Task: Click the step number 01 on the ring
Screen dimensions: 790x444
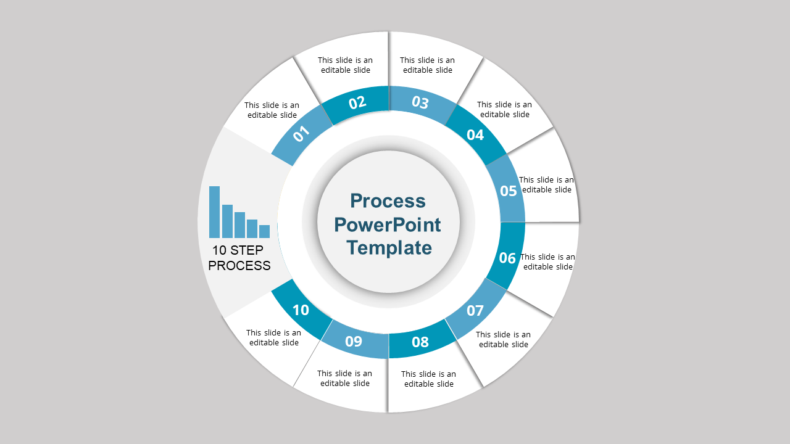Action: point(301,134)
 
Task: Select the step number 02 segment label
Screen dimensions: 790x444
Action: point(357,102)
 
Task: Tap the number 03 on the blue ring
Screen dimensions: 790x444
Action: point(420,102)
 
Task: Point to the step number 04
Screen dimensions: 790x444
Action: point(475,135)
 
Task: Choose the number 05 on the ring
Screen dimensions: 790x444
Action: point(508,191)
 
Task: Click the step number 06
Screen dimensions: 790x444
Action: point(507,258)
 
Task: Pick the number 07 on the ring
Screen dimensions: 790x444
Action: point(475,310)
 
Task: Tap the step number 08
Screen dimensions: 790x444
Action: point(420,342)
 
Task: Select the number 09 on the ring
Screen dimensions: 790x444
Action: point(354,341)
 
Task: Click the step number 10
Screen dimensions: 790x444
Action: point(301,310)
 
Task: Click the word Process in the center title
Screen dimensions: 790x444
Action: point(388,201)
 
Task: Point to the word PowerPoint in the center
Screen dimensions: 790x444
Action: point(387,225)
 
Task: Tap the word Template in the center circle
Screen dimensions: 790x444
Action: point(389,248)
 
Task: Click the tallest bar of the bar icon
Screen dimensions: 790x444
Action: point(214,212)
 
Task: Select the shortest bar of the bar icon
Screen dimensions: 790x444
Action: point(265,231)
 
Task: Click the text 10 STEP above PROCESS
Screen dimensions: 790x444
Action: point(238,250)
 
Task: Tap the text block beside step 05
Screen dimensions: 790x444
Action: point(546,184)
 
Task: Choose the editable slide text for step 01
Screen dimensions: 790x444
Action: point(272,110)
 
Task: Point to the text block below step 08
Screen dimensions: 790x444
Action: point(428,379)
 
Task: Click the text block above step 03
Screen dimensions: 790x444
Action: point(428,65)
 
